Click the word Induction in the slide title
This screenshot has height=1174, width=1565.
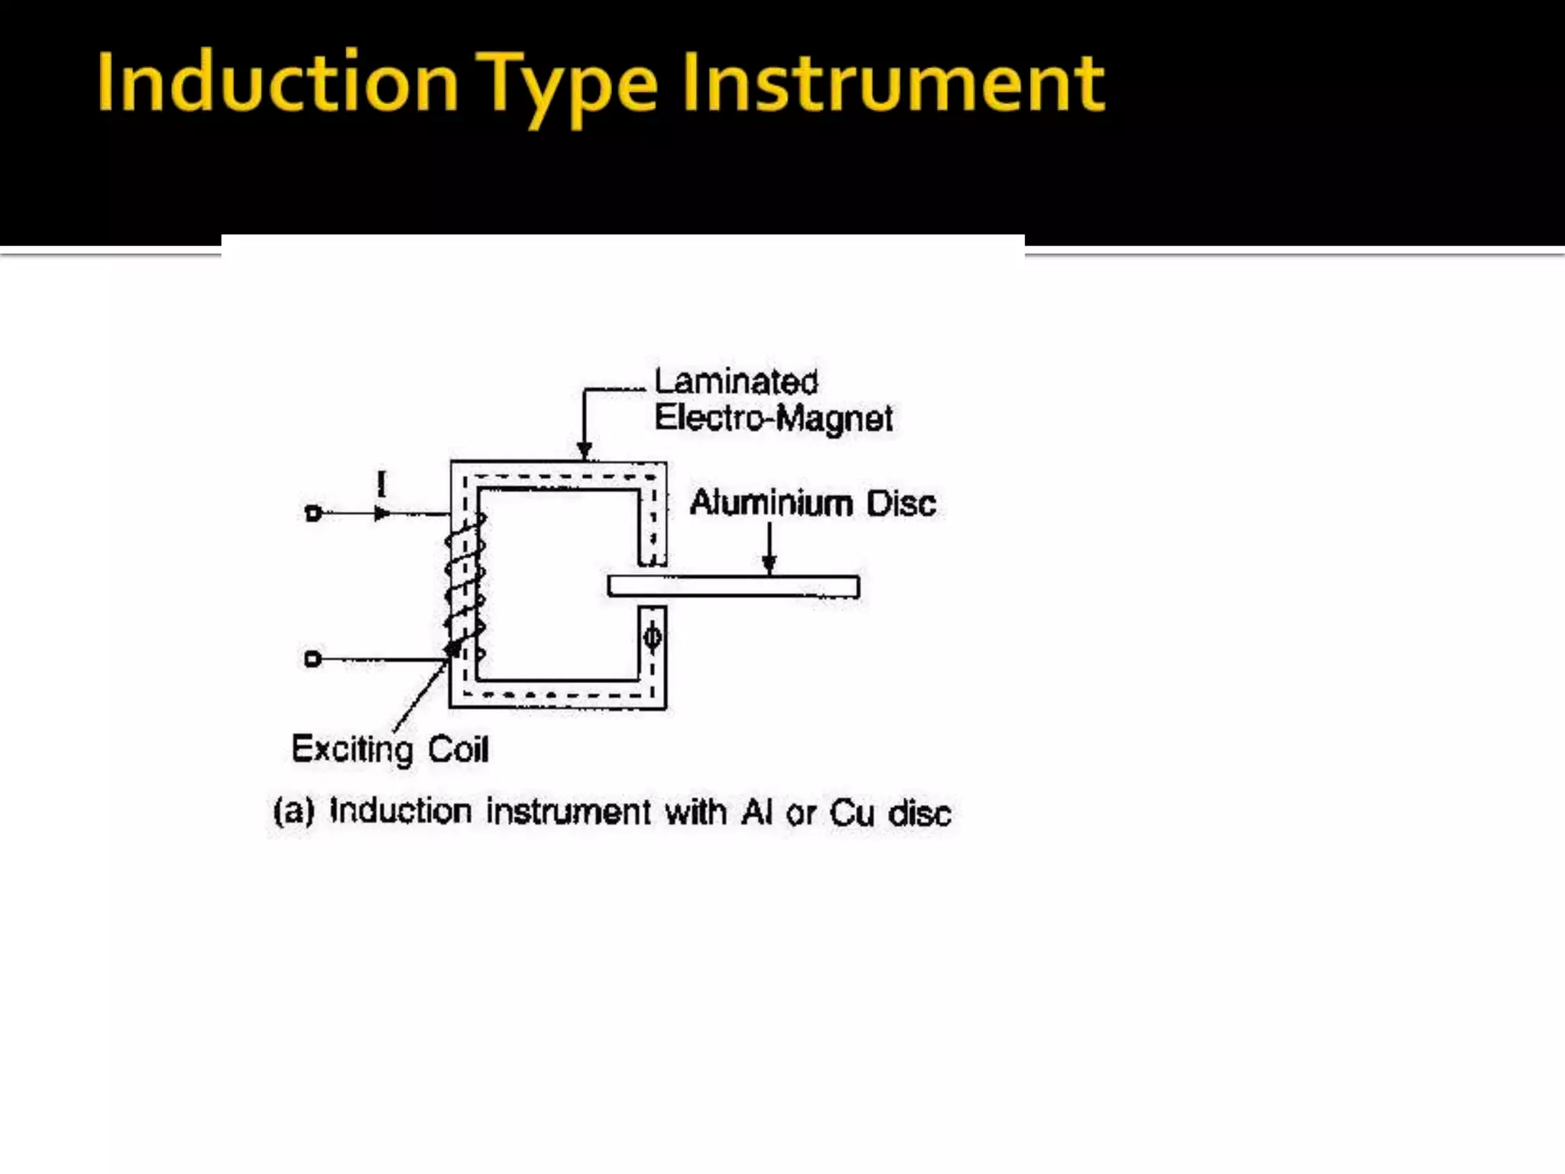277,83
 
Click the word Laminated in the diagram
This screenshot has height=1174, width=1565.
736,381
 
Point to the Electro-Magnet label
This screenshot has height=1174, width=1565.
773,418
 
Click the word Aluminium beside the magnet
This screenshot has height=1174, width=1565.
771,503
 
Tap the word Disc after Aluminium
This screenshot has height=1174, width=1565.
901,504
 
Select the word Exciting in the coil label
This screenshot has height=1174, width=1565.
352,749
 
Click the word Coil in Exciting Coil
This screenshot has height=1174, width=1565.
458,749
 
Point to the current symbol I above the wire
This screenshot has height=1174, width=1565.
381,484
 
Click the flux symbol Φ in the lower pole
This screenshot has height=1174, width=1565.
653,637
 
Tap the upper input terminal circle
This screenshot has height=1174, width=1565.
313,514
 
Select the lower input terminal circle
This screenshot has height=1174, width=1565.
313,659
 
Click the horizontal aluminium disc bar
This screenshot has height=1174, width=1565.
734,586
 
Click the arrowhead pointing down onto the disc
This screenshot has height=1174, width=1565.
770,565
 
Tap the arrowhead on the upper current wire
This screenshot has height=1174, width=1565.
382,514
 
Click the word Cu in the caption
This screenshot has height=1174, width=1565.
851,812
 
